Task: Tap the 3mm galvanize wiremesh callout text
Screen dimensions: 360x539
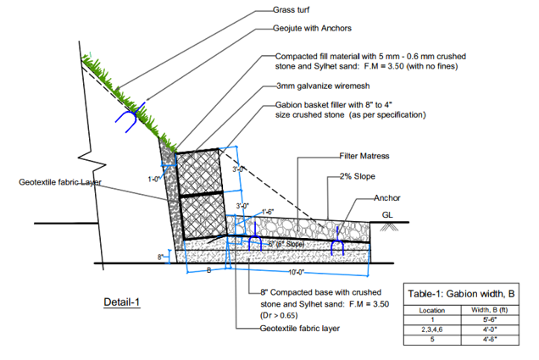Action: point(317,86)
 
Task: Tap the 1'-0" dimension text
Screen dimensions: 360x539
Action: point(154,179)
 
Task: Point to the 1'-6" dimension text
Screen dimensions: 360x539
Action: point(270,211)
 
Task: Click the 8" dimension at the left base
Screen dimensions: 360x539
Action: point(160,256)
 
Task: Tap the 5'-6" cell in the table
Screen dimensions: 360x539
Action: point(489,318)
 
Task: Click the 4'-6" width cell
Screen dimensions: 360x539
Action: point(489,339)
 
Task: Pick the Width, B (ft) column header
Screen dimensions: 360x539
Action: point(489,308)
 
